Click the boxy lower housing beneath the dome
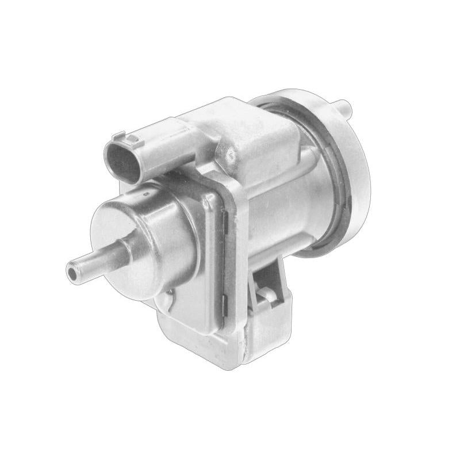(x=195, y=328)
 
